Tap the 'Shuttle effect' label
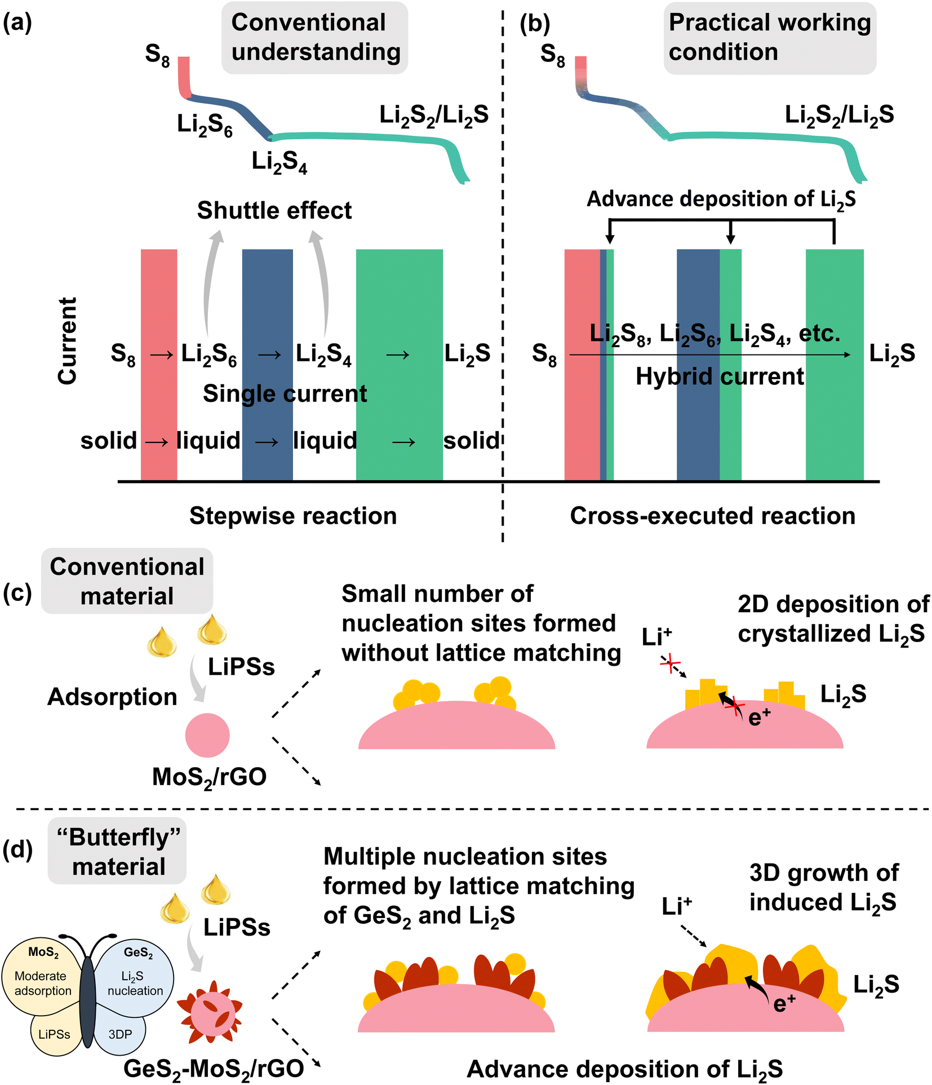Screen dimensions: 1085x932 274,211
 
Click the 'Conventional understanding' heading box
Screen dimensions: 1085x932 314,38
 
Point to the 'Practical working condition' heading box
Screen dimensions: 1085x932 769,38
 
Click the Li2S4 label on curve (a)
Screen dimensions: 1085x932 279,162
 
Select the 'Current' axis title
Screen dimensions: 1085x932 67,341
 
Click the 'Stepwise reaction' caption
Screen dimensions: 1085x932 293,516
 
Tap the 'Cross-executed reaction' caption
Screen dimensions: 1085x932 712,516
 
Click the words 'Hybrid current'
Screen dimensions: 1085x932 720,377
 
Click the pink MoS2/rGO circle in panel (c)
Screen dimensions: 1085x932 207,735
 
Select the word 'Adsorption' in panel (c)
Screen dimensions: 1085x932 112,697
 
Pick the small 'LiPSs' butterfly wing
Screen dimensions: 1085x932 55,1034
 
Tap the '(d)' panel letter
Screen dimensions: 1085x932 17,849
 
